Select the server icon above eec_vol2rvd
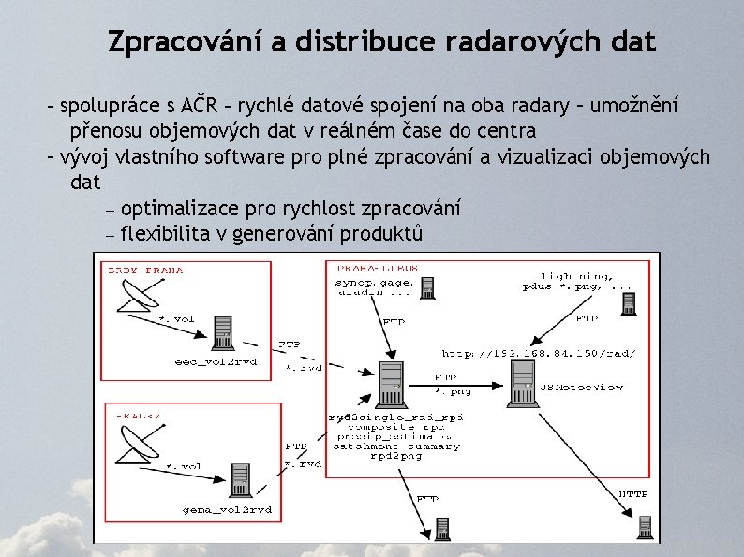(223, 331)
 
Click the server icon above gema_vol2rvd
(241, 479)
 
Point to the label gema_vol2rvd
(227, 509)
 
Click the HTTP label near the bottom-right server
(632, 494)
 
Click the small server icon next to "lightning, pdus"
(630, 301)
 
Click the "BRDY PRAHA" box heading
(146, 271)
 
